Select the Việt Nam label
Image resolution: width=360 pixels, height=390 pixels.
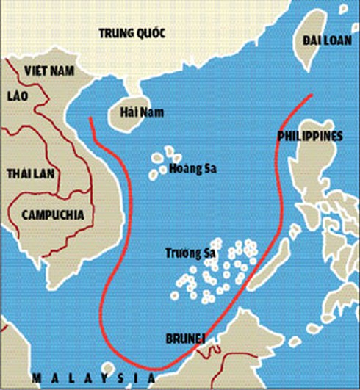pyautogui.click(x=51, y=71)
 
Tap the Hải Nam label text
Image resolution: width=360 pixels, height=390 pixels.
pyautogui.click(x=143, y=112)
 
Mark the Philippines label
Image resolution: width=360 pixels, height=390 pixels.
pyautogui.click(x=310, y=136)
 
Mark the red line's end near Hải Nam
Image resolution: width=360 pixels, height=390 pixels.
pyautogui.click(x=90, y=118)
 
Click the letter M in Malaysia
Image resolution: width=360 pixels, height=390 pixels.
pyautogui.click(x=35, y=378)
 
